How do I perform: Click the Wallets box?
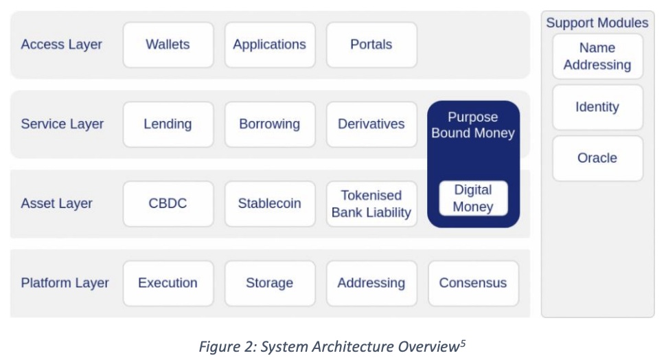(x=168, y=45)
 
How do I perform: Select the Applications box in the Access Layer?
(x=270, y=45)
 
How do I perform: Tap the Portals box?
(x=371, y=45)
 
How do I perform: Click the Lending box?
(x=168, y=124)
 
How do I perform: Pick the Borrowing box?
(x=270, y=124)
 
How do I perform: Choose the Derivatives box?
(x=371, y=124)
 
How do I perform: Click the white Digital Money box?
(x=473, y=199)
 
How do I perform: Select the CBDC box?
(x=168, y=204)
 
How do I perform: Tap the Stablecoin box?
(x=270, y=204)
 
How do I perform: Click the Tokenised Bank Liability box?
(x=371, y=204)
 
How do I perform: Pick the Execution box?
(x=168, y=283)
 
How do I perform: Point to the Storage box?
(x=270, y=283)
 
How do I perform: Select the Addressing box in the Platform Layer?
(x=371, y=283)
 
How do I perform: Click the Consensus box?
(x=473, y=283)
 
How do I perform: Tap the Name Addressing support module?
(x=597, y=56)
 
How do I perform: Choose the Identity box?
(x=597, y=107)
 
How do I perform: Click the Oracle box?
(x=597, y=158)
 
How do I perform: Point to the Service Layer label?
(x=62, y=124)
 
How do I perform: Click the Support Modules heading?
(x=597, y=23)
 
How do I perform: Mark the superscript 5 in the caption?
(x=463, y=342)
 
